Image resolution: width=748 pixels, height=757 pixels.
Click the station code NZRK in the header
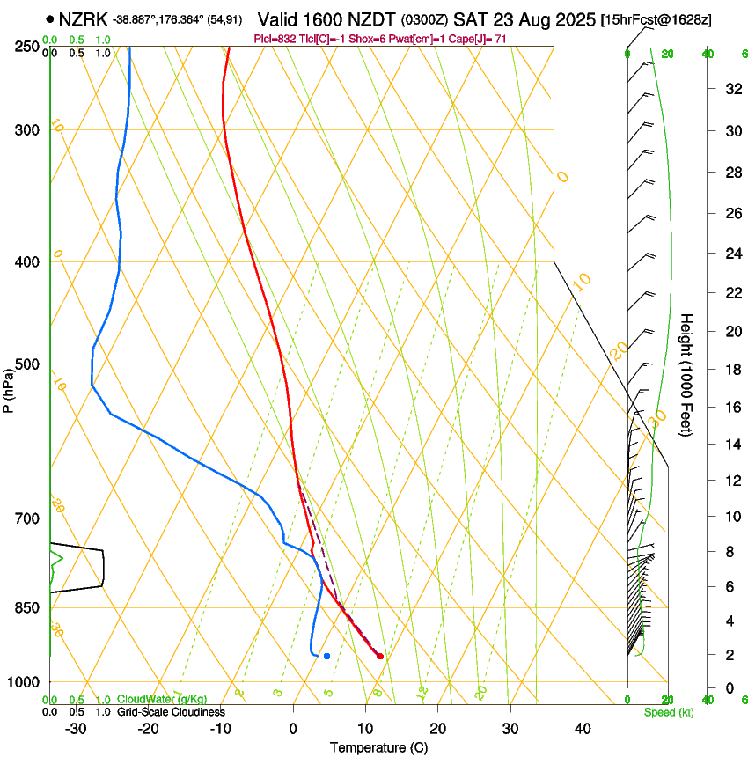pyautogui.click(x=84, y=18)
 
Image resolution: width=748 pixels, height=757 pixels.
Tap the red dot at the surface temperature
pyautogui.click(x=380, y=656)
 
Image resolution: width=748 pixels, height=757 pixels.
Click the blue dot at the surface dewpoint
pyautogui.click(x=326, y=656)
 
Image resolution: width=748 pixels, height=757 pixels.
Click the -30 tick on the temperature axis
pyautogui.click(x=76, y=729)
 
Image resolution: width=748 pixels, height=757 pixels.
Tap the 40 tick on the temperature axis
pyautogui.click(x=583, y=729)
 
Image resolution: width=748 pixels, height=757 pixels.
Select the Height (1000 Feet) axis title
pyautogui.click(x=686, y=375)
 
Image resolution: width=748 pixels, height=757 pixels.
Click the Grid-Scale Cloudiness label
pyautogui.click(x=171, y=711)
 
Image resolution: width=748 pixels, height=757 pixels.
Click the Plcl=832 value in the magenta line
pyautogui.click(x=276, y=39)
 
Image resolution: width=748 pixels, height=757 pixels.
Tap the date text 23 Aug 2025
pyautogui.click(x=524, y=19)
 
